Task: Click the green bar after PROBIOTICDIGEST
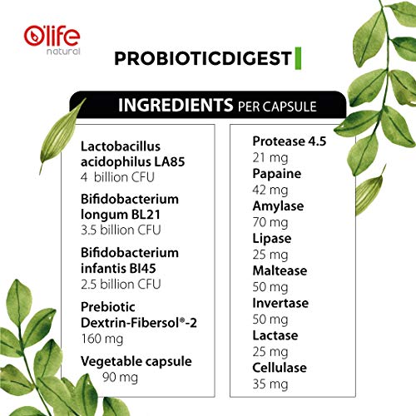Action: (x=296, y=59)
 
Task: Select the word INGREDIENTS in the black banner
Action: (x=173, y=106)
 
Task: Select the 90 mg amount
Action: (x=118, y=378)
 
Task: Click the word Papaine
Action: (x=275, y=173)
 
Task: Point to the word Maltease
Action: (x=279, y=270)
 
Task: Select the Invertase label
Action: (x=280, y=303)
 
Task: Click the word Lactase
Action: (x=274, y=334)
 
